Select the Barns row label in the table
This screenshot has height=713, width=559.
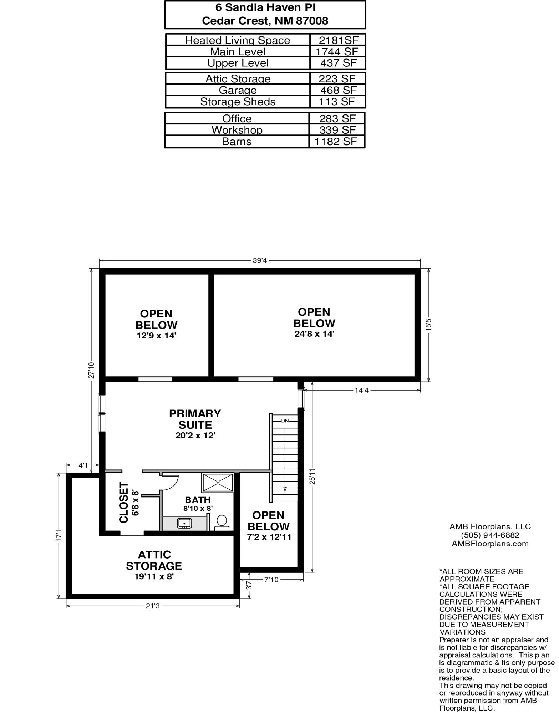(x=237, y=142)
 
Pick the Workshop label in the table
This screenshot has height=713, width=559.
(x=237, y=130)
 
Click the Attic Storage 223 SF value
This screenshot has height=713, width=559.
(x=337, y=78)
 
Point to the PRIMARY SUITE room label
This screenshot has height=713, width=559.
(x=195, y=419)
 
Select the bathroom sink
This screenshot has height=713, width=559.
(x=184, y=523)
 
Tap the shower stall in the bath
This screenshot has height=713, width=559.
(x=218, y=482)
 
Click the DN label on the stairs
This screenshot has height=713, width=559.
(x=285, y=421)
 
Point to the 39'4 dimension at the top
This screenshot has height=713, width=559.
(x=260, y=260)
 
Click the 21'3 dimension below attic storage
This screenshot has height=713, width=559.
(x=153, y=606)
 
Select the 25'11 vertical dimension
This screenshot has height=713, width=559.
(x=312, y=476)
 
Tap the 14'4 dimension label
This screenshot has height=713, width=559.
(x=361, y=390)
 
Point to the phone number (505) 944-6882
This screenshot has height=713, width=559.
(x=490, y=535)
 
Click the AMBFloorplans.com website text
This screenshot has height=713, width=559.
(x=490, y=544)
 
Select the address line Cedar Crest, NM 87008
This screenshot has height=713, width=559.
(x=265, y=21)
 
